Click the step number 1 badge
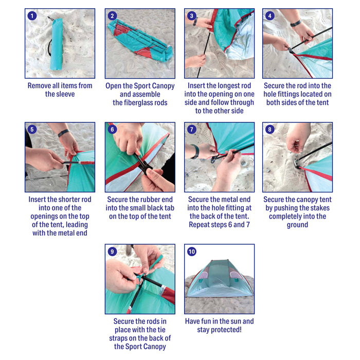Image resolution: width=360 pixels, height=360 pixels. coord(32,16)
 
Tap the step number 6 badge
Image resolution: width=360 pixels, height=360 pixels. coord(112,130)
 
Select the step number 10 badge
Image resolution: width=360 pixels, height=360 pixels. coord(192,251)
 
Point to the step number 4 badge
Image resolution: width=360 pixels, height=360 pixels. coord(270,16)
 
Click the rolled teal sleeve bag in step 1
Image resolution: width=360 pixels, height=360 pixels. coord(57,44)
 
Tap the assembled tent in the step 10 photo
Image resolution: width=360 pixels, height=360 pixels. coord(220,279)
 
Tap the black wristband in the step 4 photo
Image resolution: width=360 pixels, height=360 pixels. coord(296,24)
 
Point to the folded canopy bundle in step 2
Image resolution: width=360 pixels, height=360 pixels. coord(140,41)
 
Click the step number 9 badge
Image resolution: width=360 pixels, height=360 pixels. coord(112,251)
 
